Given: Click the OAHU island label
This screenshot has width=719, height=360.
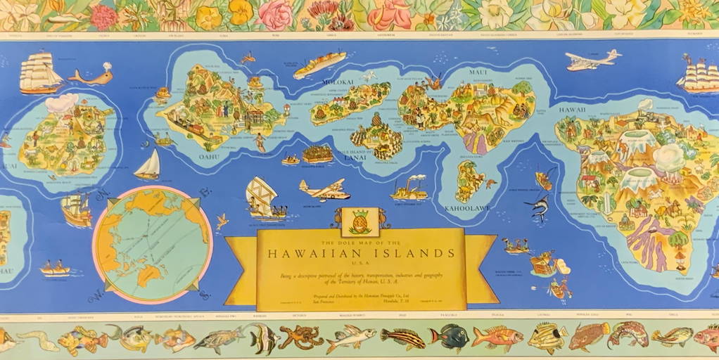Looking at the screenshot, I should (210, 157).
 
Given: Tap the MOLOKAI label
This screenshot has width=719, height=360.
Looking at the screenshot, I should (338, 82).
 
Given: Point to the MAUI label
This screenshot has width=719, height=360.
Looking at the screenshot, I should (480, 72).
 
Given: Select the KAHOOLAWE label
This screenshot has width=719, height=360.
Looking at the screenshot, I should (466, 209).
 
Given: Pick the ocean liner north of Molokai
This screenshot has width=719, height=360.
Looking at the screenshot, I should (319, 65).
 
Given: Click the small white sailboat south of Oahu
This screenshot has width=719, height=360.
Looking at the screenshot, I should (148, 166).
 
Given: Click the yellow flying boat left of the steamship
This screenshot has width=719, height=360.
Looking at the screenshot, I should (324, 190).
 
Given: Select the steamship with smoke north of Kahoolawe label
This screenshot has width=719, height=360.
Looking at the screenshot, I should (409, 188).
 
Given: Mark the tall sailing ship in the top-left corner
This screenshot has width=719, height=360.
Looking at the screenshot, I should (40, 72).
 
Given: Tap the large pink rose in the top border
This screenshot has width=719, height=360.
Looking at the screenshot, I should (275, 14).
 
